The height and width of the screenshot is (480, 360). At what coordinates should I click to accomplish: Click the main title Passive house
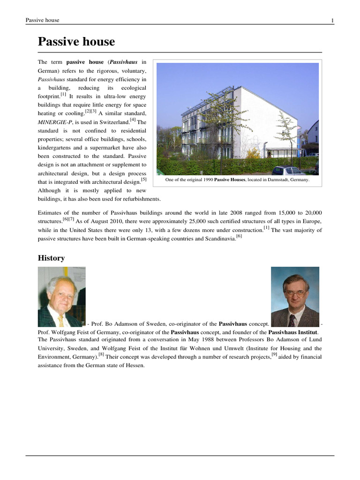coord(76,42)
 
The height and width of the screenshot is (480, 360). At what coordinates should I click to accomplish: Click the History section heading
coord(51,258)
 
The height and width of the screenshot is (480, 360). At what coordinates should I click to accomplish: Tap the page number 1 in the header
coord(332,20)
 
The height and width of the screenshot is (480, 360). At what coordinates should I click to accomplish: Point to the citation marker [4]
coord(133,120)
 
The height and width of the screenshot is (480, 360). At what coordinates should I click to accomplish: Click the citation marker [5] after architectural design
coord(143,179)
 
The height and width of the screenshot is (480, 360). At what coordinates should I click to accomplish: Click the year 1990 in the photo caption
coord(204,180)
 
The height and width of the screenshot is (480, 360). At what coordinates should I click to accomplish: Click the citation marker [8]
coord(101,354)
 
